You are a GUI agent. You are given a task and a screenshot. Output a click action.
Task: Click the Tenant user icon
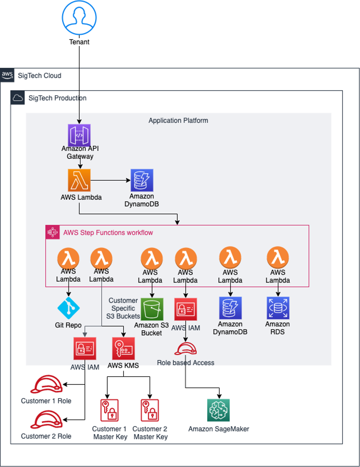[79, 18]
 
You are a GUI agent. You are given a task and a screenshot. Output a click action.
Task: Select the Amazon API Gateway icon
[79, 136]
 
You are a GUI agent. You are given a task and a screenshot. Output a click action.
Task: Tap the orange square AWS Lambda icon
[79, 180]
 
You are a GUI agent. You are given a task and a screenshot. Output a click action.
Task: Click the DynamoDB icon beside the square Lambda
[142, 180]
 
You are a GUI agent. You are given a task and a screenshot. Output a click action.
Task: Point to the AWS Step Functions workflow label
[108, 232]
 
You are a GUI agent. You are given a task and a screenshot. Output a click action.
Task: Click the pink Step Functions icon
[52, 232]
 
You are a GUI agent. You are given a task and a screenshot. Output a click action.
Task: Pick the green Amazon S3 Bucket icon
[152, 309]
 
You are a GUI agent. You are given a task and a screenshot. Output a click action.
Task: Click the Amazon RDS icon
[278, 308]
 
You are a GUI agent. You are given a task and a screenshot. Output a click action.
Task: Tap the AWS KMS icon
[123, 348]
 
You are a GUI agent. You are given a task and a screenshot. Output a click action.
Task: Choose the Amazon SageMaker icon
[218, 410]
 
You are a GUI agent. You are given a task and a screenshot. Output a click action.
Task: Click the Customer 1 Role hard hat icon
[46, 384]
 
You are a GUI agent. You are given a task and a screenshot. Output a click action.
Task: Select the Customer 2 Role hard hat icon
[46, 420]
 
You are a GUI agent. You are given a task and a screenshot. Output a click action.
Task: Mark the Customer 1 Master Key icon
[109, 411]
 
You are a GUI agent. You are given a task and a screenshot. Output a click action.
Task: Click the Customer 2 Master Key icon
[150, 411]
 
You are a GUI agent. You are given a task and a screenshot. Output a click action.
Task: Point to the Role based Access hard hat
[186, 349]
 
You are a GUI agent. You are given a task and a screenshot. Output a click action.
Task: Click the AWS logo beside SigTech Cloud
[7, 75]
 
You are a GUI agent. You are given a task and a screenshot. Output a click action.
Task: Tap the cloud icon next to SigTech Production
[18, 98]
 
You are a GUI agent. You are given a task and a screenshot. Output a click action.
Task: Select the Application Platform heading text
[178, 121]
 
